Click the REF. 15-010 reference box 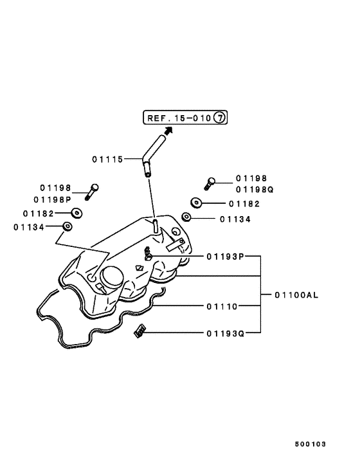[x=185, y=118]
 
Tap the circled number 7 [x=219, y=118]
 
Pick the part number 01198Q [x=255, y=190]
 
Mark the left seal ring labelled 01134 [x=66, y=226]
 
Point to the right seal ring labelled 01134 [x=186, y=217]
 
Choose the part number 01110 [x=222, y=306]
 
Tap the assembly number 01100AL [x=296, y=295]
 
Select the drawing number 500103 [x=311, y=444]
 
